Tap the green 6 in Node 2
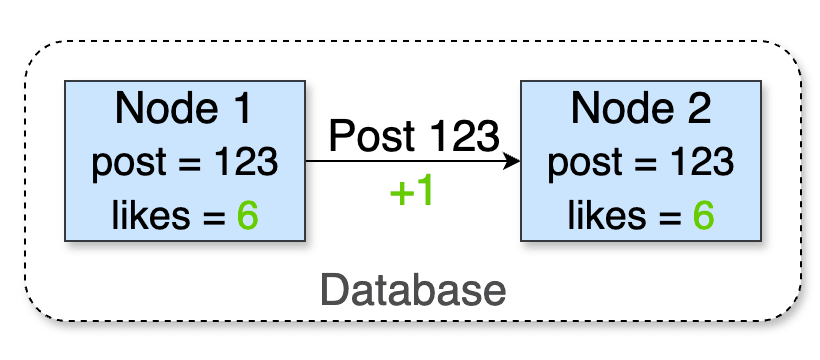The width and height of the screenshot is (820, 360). pos(704,215)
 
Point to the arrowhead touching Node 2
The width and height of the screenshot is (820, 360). pos(513,161)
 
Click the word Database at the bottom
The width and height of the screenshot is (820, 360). pos(413,290)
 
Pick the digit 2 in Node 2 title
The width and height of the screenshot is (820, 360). pos(698,108)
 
